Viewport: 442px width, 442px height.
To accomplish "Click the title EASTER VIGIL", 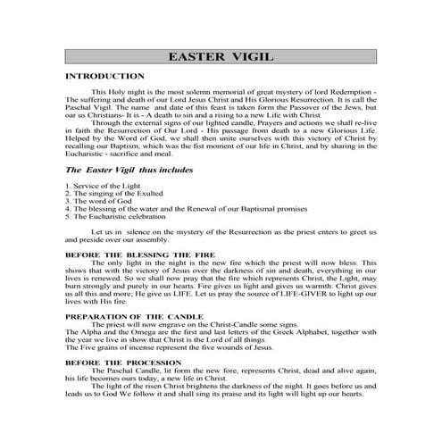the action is [221, 58].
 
